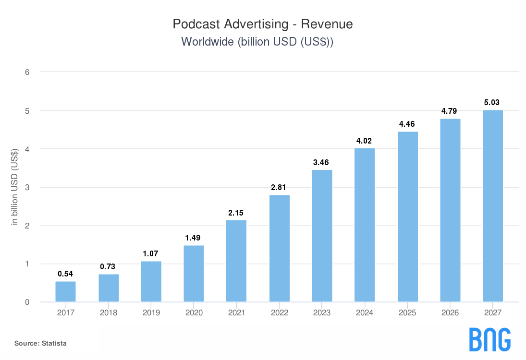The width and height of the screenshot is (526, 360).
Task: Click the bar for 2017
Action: click(x=65, y=292)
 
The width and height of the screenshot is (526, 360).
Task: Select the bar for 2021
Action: click(x=236, y=261)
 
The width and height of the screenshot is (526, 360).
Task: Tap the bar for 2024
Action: click(x=365, y=225)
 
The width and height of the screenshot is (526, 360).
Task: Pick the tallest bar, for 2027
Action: click(x=493, y=206)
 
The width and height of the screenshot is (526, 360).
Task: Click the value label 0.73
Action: click(x=108, y=266)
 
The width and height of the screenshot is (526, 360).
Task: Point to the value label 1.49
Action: click(x=194, y=238)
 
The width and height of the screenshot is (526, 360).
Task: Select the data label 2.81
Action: click(x=279, y=187)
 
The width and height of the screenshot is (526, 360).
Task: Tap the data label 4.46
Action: click(x=407, y=124)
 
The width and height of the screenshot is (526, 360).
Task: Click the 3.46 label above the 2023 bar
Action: click(x=322, y=162)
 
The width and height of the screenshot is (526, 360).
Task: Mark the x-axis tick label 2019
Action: click(x=151, y=313)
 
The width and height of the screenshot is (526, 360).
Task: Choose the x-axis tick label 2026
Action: click(x=450, y=313)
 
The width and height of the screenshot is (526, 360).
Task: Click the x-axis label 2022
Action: click(x=279, y=313)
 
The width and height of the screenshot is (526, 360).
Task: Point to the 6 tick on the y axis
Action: click(x=27, y=72)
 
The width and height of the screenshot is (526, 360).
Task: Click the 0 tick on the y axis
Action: click(x=27, y=302)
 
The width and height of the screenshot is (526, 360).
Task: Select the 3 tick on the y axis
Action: click(x=27, y=188)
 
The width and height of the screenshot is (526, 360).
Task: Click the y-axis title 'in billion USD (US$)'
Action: click(x=14, y=187)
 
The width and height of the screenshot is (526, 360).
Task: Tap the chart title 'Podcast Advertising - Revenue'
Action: click(x=263, y=24)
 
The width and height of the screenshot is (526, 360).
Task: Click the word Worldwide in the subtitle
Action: click(x=207, y=42)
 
